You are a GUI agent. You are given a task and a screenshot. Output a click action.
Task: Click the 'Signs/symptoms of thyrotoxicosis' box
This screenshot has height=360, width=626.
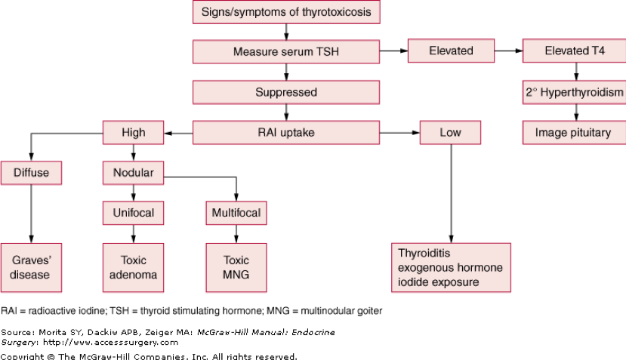coord(285,13)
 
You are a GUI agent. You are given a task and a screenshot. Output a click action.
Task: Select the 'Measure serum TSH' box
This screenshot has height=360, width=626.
coord(285,52)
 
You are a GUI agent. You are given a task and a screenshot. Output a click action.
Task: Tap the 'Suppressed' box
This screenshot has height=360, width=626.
coord(285,92)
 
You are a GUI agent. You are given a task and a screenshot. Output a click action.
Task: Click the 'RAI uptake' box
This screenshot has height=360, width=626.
coord(285,133)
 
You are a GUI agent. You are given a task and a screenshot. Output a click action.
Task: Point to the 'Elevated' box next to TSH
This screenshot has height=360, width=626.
coord(451,51)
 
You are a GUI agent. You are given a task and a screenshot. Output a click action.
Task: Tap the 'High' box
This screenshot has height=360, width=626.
coord(134,133)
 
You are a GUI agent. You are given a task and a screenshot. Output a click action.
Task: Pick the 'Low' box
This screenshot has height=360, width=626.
coord(451,133)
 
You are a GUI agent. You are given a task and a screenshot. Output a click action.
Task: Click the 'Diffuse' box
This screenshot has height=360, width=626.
coord(31,173)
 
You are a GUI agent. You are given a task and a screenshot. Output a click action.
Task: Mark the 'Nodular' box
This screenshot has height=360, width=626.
coord(134,173)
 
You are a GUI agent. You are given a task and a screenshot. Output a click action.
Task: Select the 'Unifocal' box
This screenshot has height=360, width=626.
coord(134,213)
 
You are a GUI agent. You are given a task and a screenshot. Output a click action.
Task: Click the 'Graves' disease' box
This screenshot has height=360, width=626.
coord(31,267)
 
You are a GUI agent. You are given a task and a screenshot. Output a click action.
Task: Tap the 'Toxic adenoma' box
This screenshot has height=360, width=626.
coord(134,267)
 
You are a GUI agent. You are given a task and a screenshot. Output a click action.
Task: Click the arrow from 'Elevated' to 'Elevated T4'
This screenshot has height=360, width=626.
coord(507,51)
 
